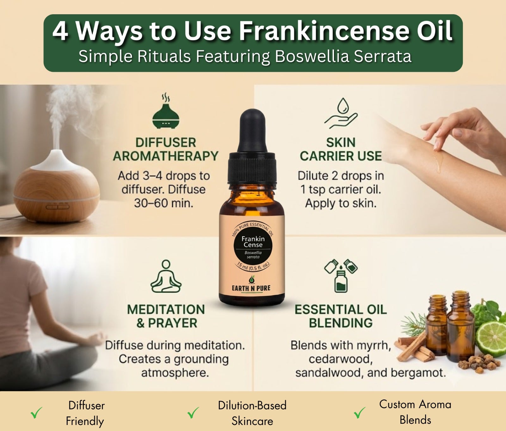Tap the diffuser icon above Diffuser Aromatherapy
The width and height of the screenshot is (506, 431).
point(166,111)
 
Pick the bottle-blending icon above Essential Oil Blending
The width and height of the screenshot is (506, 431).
point(341,275)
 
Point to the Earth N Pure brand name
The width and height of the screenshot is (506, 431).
point(251,288)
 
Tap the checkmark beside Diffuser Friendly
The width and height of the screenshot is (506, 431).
point(36,413)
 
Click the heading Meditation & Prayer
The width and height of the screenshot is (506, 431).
point(166,316)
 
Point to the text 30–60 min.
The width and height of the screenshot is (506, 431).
point(164,203)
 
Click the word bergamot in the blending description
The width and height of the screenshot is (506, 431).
point(418,373)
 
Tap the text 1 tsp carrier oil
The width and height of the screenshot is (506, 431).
point(341,189)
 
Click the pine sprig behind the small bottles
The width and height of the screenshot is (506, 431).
point(413,323)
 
